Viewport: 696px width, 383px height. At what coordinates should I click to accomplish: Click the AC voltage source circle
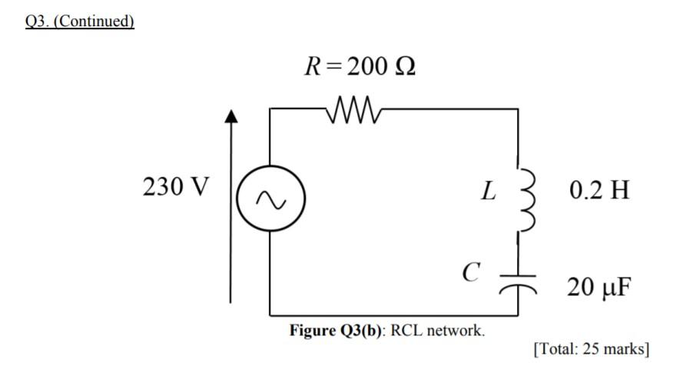point(270,199)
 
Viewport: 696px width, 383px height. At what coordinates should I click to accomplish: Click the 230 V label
point(175,187)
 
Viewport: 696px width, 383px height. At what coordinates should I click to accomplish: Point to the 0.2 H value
point(599,190)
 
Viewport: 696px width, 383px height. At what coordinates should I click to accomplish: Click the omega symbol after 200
point(405,68)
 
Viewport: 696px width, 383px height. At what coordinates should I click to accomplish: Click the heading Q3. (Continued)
point(79,21)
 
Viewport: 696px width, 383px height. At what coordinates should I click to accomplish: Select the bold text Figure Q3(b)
point(336,331)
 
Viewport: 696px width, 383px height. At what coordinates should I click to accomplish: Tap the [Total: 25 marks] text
point(591,349)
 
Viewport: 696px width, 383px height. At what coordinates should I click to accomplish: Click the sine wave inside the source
point(270,200)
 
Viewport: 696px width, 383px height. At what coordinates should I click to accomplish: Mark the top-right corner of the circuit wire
point(518,109)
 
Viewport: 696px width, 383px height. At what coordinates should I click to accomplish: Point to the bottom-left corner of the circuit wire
point(270,315)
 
